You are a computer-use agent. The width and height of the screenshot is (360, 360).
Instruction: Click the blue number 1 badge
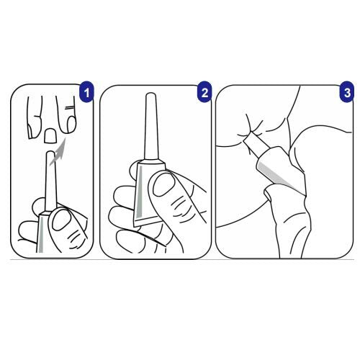[x=86, y=92]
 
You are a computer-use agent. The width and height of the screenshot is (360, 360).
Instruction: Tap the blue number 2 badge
[x=204, y=92]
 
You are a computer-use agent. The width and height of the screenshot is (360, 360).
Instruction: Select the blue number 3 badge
[x=347, y=92]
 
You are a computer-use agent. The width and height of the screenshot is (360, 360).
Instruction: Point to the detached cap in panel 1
[x=50, y=135]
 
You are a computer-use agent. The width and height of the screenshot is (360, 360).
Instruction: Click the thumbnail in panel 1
[x=62, y=220]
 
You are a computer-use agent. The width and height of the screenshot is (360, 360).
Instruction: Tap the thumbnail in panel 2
[x=163, y=184]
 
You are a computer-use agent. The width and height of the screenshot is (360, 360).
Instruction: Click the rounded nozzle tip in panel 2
[x=150, y=94]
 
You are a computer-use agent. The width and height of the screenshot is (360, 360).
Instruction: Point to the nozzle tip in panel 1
[x=50, y=153]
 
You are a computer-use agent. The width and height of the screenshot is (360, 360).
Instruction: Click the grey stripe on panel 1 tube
[x=41, y=235]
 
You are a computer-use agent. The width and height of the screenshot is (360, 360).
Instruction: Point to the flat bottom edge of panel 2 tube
[x=150, y=222]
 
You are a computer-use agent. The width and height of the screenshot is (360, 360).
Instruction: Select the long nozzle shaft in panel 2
[x=150, y=126]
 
